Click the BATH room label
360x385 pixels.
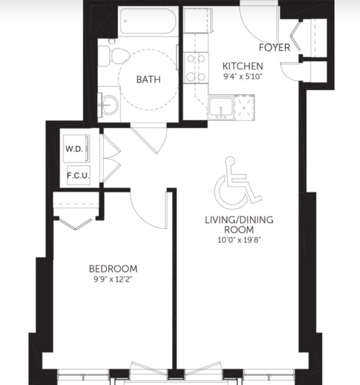tap(148, 79)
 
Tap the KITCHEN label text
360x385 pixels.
tap(242, 66)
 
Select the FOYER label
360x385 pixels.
tap(275, 48)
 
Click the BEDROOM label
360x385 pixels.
tap(113, 269)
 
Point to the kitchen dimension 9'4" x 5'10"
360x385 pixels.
tap(243, 76)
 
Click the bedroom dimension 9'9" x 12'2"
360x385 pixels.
tap(113, 279)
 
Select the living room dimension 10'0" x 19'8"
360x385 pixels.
tap(239, 240)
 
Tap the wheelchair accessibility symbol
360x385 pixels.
tap(238, 182)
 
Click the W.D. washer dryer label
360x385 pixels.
tap(74, 149)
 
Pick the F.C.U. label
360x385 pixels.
tap(78, 175)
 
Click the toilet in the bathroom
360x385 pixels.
tap(114, 56)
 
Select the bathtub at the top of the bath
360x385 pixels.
tap(148, 21)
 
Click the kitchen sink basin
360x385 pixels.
tap(221, 108)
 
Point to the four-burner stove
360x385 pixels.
tap(196, 68)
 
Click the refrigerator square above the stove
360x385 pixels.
tap(198, 21)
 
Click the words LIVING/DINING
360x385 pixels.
tap(239, 220)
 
